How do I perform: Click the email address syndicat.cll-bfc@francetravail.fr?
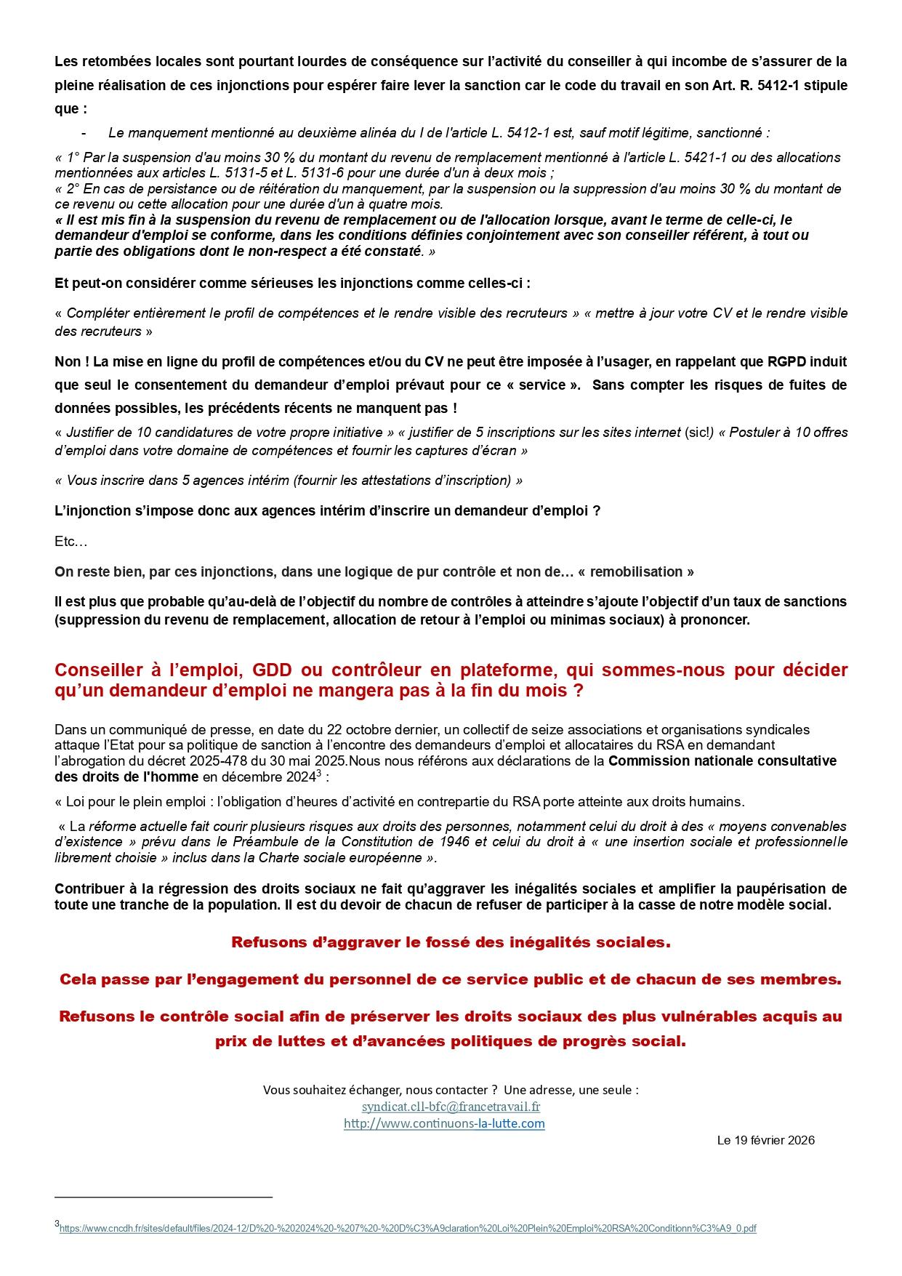451,1107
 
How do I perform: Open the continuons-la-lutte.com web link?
444,1123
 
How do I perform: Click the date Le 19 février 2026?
765,1140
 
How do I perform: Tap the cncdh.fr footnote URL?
408,1229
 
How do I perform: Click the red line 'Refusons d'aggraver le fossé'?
451,942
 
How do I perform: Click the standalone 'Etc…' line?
71,542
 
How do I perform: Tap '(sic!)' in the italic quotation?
699,432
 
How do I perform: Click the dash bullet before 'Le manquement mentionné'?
84,133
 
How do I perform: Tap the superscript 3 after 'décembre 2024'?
319,772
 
